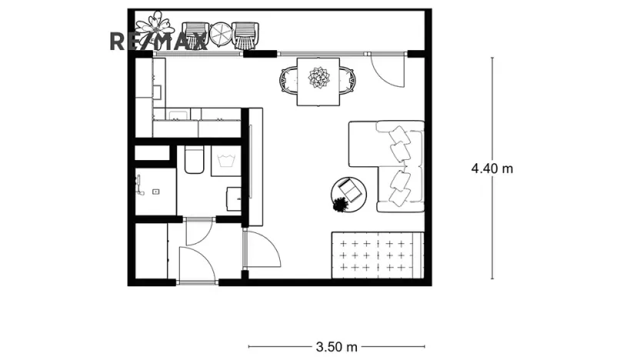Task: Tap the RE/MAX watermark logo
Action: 158,42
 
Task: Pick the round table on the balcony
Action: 221,34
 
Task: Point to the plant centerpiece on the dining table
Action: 318,78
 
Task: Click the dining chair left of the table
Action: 288,79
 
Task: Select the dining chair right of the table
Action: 350,79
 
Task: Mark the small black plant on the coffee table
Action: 339,205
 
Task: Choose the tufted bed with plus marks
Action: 378,254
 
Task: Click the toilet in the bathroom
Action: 194,159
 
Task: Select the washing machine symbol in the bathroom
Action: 227,161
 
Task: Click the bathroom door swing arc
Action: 199,231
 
